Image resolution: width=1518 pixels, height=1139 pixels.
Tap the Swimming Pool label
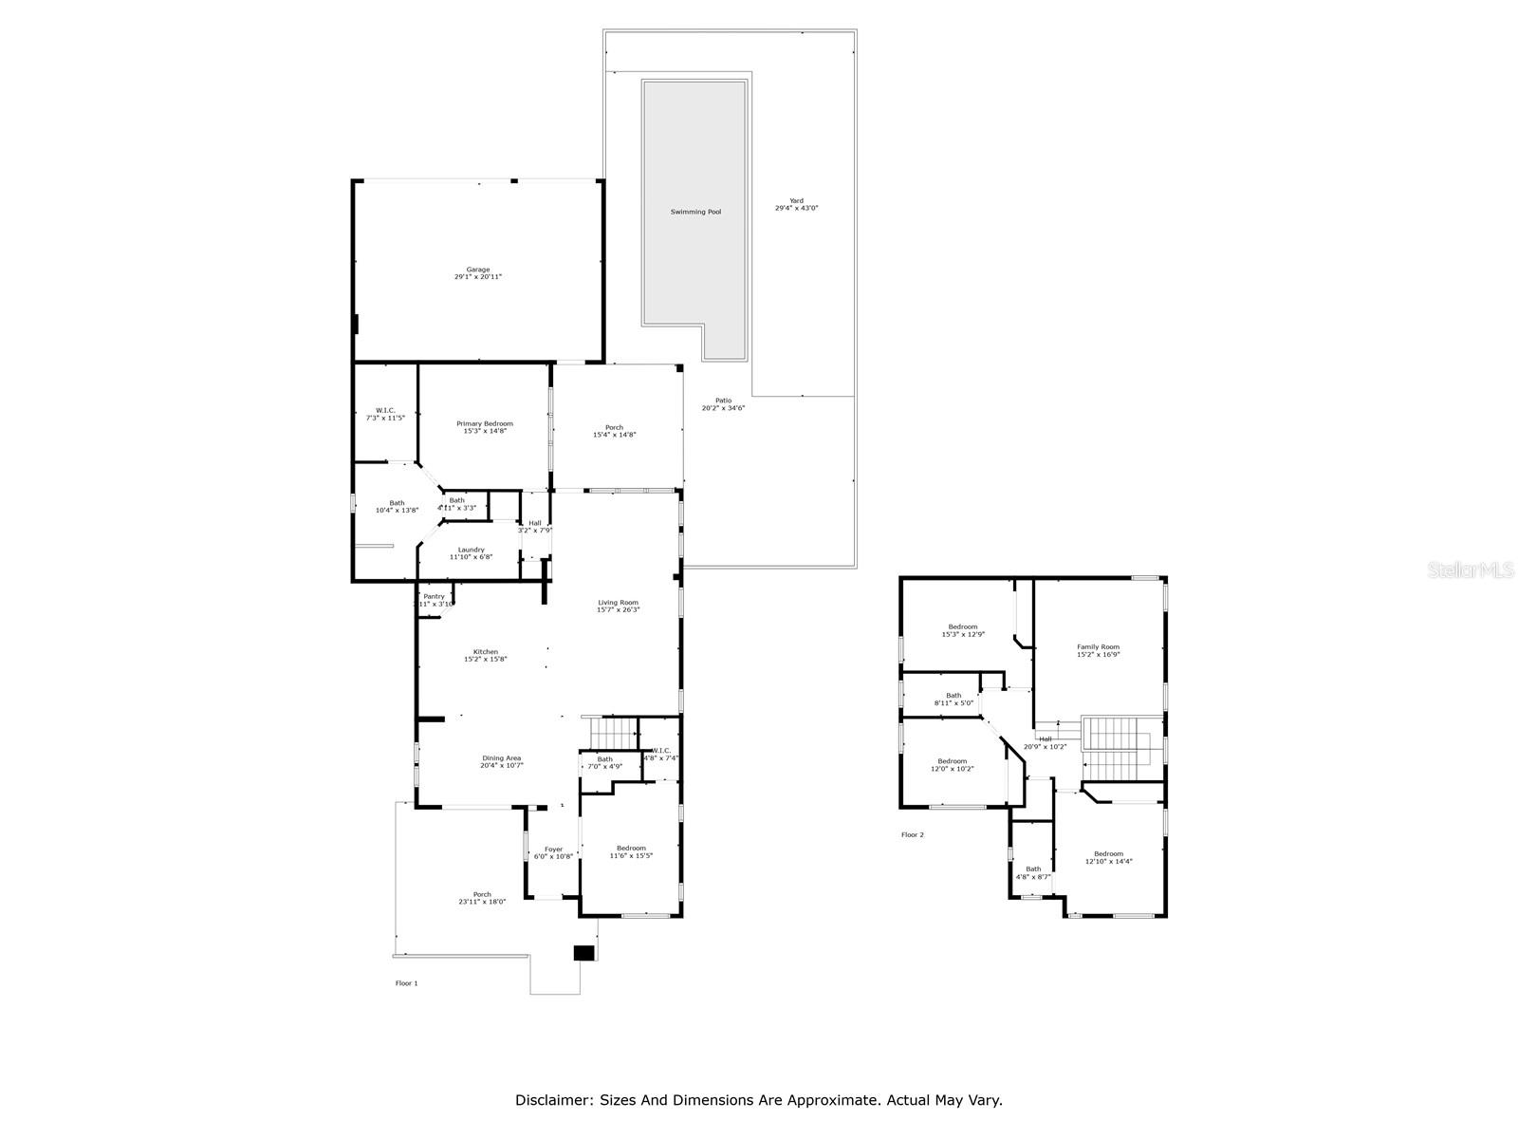(695, 212)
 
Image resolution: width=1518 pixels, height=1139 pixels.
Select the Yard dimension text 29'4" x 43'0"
(796, 208)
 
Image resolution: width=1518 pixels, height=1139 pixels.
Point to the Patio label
(723, 401)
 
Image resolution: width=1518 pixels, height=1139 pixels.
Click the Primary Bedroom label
(484, 423)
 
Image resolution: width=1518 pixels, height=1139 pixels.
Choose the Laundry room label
(471, 550)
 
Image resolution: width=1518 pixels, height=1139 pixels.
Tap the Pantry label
(434, 596)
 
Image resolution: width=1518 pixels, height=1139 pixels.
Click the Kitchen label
(485, 651)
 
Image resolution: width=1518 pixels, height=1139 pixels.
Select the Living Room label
(618, 602)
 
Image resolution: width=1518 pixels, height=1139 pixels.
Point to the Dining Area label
(501, 757)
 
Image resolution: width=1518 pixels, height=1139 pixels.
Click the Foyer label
(553, 850)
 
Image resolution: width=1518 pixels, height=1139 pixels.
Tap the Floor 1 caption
(406, 983)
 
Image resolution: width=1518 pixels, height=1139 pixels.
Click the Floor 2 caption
(912, 835)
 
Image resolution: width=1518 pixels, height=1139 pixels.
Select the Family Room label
(1098, 646)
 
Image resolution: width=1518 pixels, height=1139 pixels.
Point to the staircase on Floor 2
(1117, 745)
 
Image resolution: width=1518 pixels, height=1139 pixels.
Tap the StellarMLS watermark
(1470, 569)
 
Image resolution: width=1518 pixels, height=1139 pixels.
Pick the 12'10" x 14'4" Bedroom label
(1108, 857)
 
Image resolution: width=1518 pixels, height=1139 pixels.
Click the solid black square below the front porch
(584, 953)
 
